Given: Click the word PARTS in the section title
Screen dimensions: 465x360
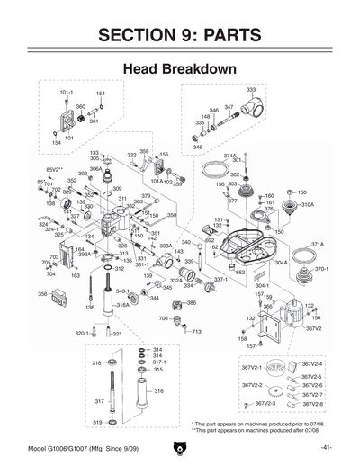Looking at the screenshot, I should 229,36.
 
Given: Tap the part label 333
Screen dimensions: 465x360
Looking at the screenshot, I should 250,90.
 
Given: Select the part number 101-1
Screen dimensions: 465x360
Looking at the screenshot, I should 67,93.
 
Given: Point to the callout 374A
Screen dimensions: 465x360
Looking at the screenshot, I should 230,156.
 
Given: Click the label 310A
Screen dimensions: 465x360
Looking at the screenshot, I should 307,205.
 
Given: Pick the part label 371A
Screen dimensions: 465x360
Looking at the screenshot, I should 317,244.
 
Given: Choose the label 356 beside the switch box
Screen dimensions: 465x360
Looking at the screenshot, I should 42,294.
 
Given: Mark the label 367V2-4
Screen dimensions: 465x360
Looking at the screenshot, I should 312,362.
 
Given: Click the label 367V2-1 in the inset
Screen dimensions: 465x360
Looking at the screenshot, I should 251,368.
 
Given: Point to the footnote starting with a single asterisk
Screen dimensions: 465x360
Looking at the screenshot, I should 249,423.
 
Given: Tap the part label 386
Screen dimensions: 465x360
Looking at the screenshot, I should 191,303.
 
